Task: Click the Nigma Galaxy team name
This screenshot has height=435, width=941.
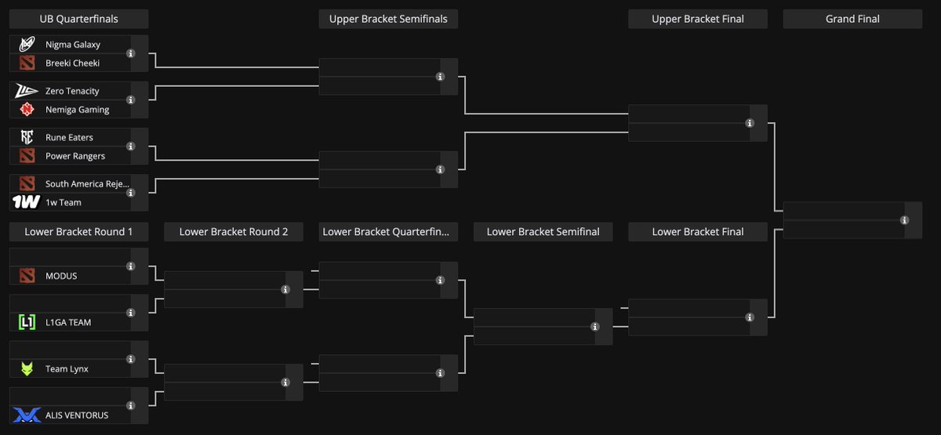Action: (73, 45)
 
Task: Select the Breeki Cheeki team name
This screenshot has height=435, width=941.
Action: (72, 63)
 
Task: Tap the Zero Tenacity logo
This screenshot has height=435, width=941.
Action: (26, 91)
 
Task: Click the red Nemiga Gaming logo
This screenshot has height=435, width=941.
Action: (27, 109)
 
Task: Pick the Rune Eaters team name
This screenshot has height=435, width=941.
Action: (69, 137)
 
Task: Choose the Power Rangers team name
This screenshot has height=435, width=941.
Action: (75, 156)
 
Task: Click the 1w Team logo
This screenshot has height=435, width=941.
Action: (26, 202)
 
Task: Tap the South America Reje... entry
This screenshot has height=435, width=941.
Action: (87, 183)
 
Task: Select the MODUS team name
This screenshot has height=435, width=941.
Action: (61, 276)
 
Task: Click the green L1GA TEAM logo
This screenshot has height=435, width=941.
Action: (27, 322)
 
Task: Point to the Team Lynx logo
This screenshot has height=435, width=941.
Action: (27, 368)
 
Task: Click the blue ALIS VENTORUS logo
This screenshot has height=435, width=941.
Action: (27, 415)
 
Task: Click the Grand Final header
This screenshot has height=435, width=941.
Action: (852, 19)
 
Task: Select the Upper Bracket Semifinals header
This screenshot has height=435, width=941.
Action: (388, 19)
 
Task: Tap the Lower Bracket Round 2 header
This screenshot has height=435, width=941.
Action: (234, 232)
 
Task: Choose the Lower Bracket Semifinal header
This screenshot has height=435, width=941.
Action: (543, 232)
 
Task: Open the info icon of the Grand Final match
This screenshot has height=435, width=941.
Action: (904, 220)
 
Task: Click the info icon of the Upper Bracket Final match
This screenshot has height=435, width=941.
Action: (750, 123)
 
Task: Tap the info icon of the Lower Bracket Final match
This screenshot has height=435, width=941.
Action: (750, 317)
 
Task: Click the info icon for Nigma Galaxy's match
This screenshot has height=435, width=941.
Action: (131, 53)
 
